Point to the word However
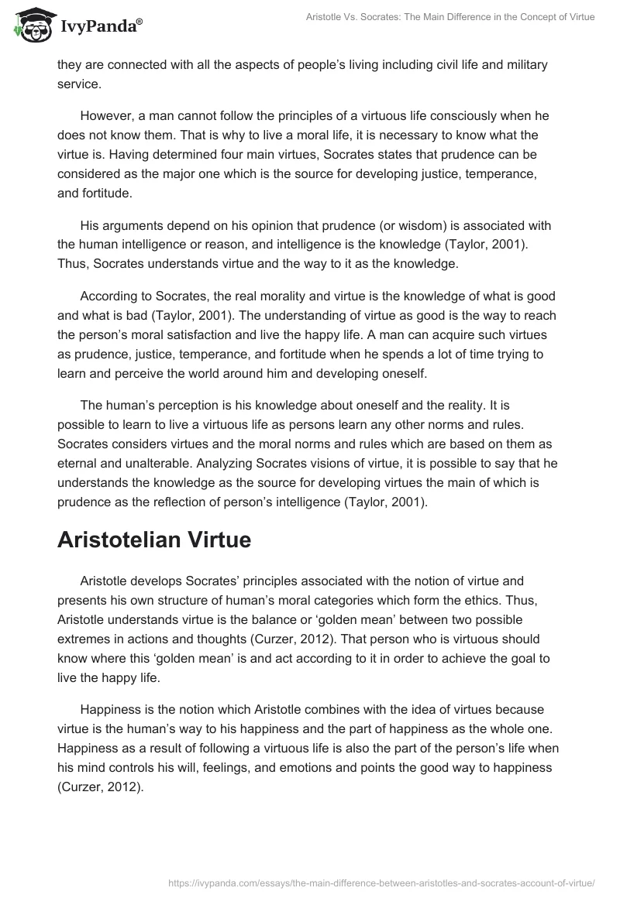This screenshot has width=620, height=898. click(x=108, y=115)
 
